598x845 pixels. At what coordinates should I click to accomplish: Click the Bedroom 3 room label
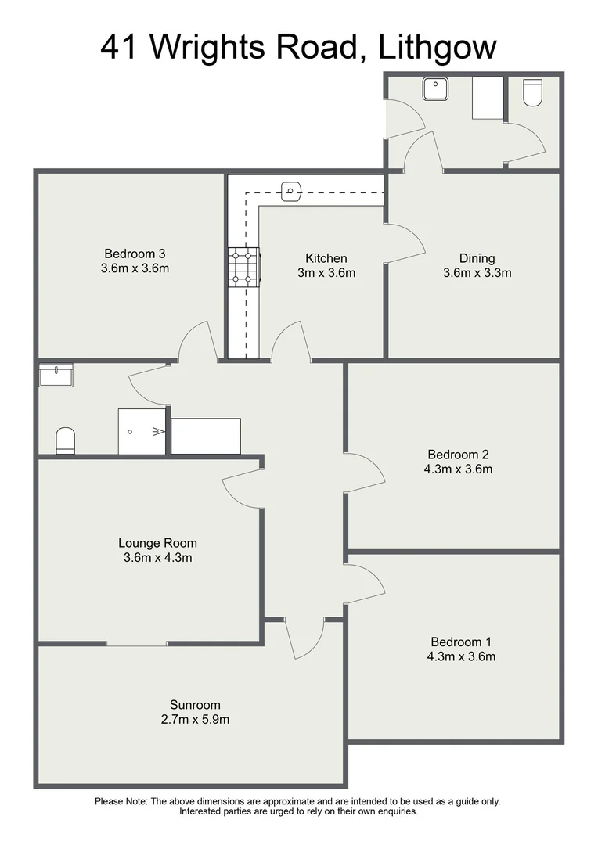pyautogui.click(x=135, y=253)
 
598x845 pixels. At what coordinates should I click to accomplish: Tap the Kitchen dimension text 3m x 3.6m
pyautogui.click(x=326, y=273)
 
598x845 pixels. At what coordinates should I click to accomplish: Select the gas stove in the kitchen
pyautogui.click(x=243, y=266)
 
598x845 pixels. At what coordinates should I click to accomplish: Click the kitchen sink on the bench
pyautogui.click(x=290, y=190)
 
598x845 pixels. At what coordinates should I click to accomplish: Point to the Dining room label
pyautogui.click(x=477, y=258)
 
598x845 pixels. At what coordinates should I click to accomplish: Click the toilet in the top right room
pyautogui.click(x=532, y=92)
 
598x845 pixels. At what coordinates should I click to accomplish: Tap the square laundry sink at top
pyautogui.click(x=434, y=88)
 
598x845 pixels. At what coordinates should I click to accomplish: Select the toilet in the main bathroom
pyautogui.click(x=66, y=440)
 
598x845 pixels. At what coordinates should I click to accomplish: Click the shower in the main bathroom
pyautogui.click(x=142, y=431)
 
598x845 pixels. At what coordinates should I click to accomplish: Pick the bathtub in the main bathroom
pyautogui.click(x=206, y=436)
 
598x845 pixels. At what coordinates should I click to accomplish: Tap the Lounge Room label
pyautogui.click(x=157, y=543)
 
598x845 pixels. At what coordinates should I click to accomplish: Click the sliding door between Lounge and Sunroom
pyautogui.click(x=136, y=644)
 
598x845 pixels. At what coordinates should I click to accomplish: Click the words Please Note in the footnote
pyautogui.click(x=121, y=801)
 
